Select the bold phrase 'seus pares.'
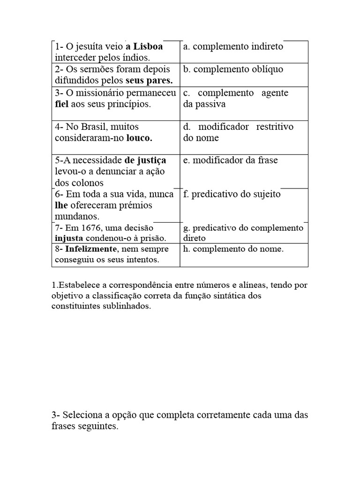pos(149,81)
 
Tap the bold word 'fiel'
pos(62,104)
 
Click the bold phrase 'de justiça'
pos(145,160)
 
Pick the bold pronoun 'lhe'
pos(61,205)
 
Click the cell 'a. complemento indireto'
pos(233,47)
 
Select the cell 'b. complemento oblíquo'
pos(233,69)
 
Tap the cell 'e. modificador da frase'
pos(230,160)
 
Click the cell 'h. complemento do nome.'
pos(233,249)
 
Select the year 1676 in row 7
pos(89,228)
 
